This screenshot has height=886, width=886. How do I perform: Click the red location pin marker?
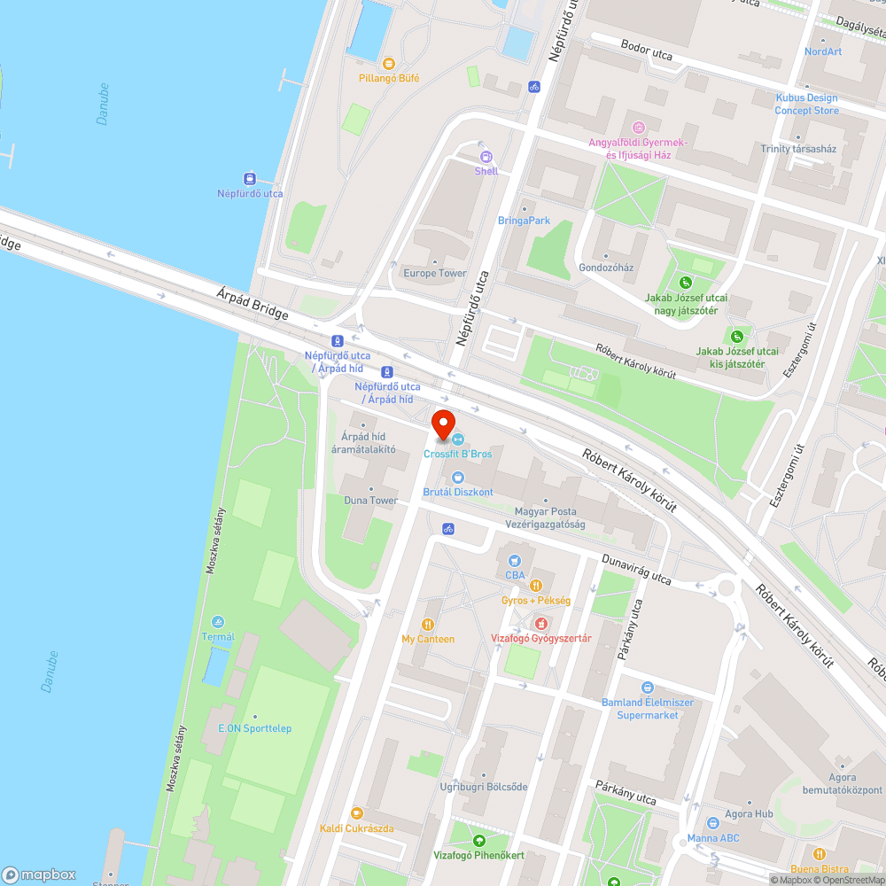[442, 424]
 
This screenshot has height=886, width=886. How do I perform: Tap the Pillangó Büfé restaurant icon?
[389, 63]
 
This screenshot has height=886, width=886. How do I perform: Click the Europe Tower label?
[434, 273]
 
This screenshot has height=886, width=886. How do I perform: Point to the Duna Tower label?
[370, 501]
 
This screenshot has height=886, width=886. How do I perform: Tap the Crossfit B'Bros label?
[457, 454]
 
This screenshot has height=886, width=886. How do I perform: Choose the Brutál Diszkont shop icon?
[458, 478]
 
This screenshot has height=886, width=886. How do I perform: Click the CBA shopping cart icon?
[515, 560]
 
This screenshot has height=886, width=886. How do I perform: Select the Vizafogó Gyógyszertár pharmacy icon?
[540, 623]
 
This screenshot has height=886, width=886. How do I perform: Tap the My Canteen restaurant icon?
[428, 624]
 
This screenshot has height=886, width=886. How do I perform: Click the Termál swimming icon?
[218, 622]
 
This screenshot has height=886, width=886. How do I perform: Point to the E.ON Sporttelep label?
[254, 728]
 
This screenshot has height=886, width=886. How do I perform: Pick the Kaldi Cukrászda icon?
[356, 813]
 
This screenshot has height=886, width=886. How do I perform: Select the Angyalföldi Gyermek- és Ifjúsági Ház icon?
[638, 127]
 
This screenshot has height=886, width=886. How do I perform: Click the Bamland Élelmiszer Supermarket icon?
[648, 688]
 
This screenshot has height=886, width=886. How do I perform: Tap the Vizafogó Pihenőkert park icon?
[479, 840]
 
